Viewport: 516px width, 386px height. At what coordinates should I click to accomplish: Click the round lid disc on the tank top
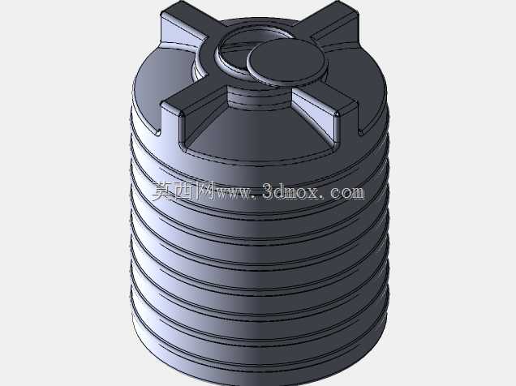click(x=286, y=62)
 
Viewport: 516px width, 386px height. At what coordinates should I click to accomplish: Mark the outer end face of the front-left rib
click(x=170, y=121)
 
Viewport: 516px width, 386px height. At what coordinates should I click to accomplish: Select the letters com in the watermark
click(x=347, y=193)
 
